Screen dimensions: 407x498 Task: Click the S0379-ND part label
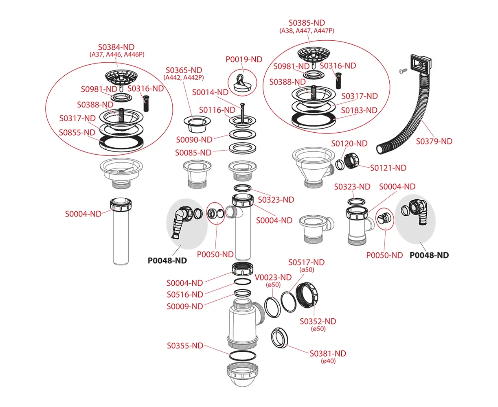click(434, 141)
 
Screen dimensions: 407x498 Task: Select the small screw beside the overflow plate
click(402, 72)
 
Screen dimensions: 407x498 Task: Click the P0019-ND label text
click(244, 59)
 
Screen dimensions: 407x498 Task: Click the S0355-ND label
click(185, 346)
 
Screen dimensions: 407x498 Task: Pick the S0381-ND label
click(328, 354)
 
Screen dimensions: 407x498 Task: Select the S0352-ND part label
click(318, 321)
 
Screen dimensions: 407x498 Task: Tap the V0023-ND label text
click(273, 277)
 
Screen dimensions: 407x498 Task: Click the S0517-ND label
click(306, 263)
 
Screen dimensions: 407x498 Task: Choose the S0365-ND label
click(184, 70)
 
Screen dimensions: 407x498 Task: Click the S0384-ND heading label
click(116, 47)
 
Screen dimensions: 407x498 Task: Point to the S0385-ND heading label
click(307, 23)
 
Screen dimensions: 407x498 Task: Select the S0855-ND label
click(77, 132)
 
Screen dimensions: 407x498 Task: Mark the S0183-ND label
click(359, 110)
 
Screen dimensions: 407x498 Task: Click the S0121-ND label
click(388, 168)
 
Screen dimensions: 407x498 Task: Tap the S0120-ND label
click(349, 143)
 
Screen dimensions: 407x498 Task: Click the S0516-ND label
click(185, 295)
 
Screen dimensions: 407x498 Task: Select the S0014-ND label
click(210, 92)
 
